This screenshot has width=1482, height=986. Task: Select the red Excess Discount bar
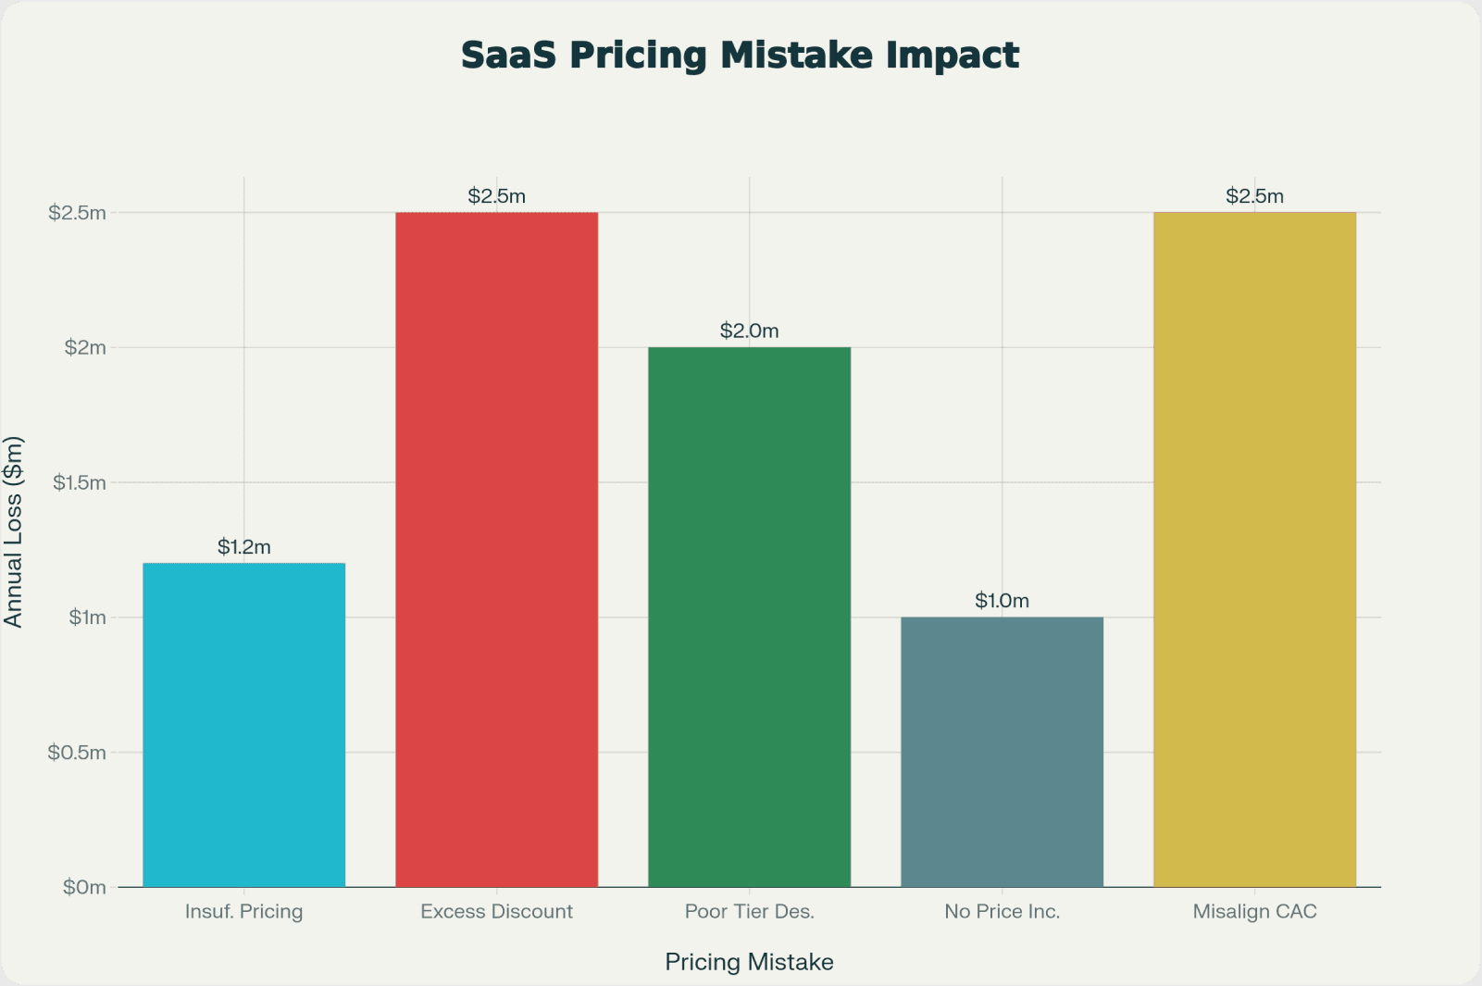pos(496,550)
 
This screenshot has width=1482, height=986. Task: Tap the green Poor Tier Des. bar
pos(749,617)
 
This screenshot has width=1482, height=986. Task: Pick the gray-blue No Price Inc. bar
pos(1002,752)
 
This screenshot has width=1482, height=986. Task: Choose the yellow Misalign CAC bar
pos(1254,550)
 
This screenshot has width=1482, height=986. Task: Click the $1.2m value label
pos(243,547)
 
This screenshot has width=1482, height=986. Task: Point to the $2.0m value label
pos(749,331)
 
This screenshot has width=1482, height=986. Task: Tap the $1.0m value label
pos(1002,601)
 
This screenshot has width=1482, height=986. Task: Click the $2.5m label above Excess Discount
pos(496,196)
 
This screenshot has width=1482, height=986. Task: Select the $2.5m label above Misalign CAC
pos(1254,196)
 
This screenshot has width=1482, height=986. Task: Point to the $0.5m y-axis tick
pos(77,753)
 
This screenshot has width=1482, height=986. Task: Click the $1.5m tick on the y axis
pos(79,482)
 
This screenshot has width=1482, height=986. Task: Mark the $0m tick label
pos(84,887)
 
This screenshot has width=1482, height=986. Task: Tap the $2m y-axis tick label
pos(85,348)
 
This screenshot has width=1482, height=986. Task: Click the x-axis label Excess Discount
pos(496,912)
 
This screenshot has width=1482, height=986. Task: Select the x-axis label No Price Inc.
pos(1002,912)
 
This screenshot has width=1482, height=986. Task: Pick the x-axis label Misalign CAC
pos(1254,912)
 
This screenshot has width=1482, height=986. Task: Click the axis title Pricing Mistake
pos(749,962)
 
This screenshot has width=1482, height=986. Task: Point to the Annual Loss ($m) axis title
pos(13,531)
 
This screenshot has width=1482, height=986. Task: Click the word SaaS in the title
pos(508,56)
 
